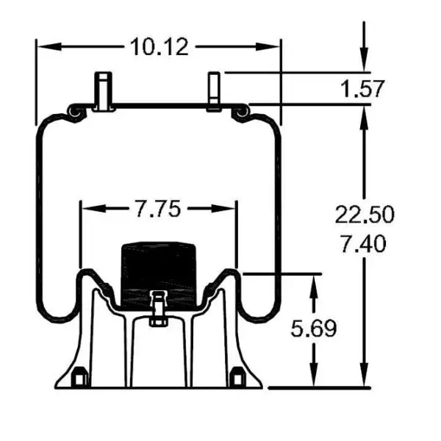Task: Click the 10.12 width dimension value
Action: [159, 47]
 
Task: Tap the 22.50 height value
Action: [365, 214]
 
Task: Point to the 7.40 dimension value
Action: [365, 243]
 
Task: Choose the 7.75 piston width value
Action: [157, 209]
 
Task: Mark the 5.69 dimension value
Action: [313, 329]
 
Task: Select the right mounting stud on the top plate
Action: [214, 92]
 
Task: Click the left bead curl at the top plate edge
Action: [73, 111]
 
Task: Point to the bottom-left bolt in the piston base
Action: [79, 379]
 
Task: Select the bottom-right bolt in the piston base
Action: [237, 379]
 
